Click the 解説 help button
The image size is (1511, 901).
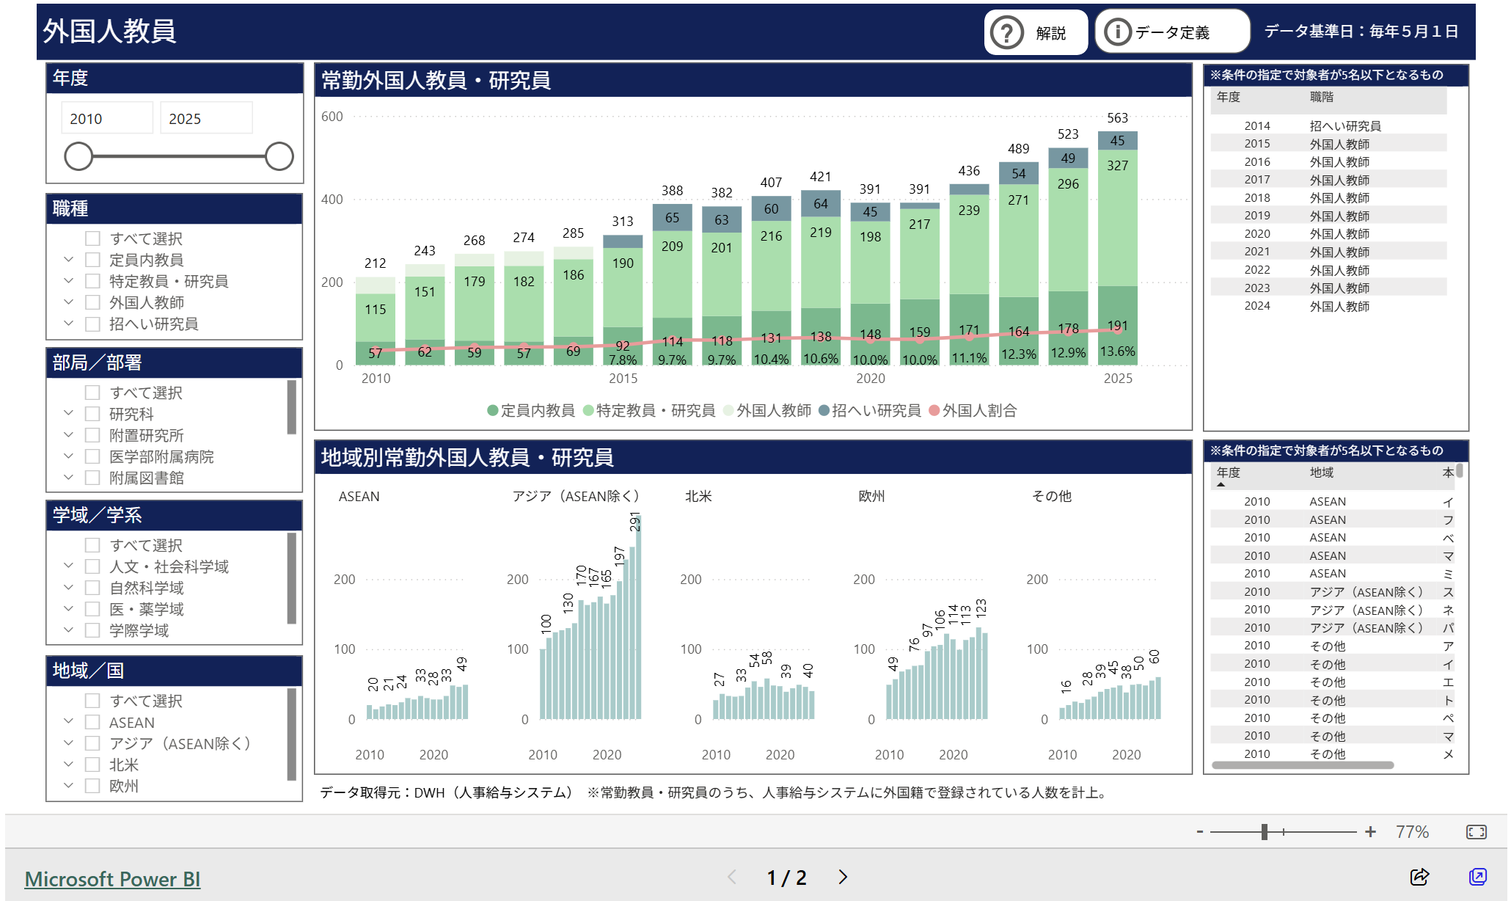(1035, 33)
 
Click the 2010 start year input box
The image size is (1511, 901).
(107, 118)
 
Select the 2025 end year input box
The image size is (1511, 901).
(206, 118)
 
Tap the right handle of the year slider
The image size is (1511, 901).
(279, 156)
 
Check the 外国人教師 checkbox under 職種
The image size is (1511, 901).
(92, 302)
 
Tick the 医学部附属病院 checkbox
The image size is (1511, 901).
(92, 456)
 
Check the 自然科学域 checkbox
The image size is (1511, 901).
(92, 588)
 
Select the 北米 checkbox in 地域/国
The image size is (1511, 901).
(92, 765)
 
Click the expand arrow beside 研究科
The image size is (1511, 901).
(68, 414)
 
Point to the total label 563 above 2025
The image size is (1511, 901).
(1117, 118)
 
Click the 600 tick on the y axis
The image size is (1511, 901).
(332, 117)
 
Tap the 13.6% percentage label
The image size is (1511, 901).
(1117, 351)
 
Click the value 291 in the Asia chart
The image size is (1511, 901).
(635, 522)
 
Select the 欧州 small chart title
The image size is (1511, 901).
(871, 497)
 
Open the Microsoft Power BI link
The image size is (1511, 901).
(112, 879)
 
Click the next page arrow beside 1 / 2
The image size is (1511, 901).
(843, 877)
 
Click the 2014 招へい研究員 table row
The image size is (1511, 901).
(1328, 126)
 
